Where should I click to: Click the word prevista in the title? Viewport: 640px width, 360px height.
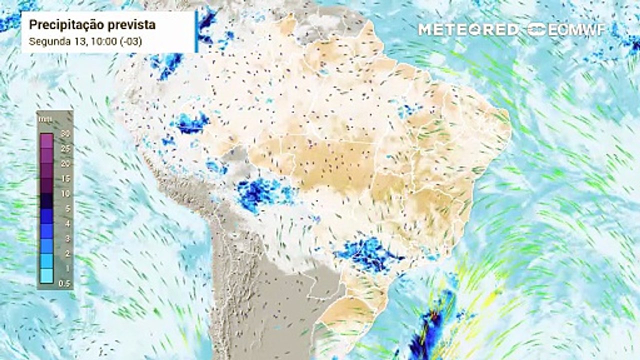pyautogui.click(x=129, y=24)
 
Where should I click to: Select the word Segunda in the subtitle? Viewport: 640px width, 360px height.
pyautogui.click(x=45, y=41)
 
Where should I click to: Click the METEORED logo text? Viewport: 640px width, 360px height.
pyautogui.click(x=468, y=29)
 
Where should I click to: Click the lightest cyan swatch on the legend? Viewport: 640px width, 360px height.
pyautogui.click(x=47, y=275)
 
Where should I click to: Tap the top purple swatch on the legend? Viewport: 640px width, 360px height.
pyautogui.click(x=47, y=140)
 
